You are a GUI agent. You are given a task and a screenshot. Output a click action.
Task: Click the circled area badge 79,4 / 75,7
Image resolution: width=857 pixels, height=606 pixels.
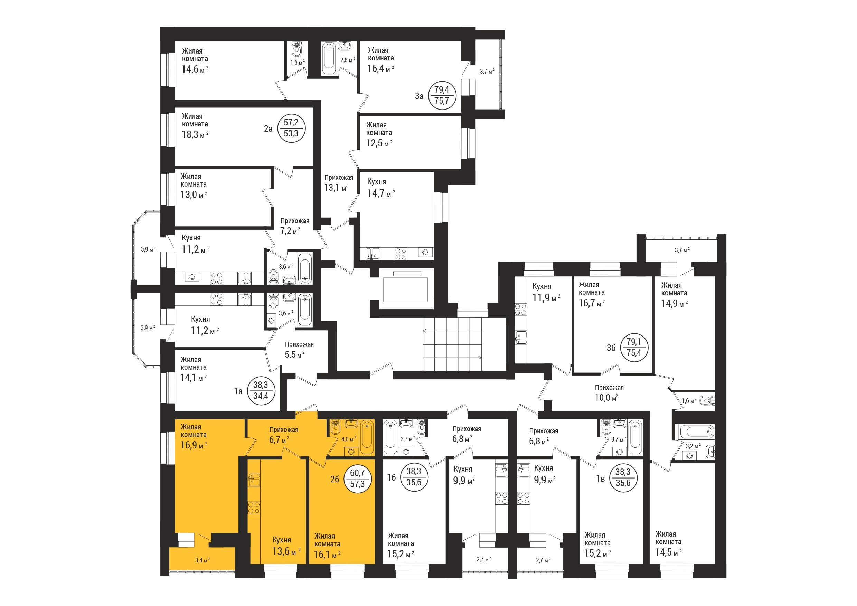(442, 95)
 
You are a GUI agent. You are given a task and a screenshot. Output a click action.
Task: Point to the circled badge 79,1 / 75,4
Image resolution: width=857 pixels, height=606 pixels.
(633, 348)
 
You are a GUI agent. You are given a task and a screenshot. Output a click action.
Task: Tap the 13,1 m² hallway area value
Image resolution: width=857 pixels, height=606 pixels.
(336, 187)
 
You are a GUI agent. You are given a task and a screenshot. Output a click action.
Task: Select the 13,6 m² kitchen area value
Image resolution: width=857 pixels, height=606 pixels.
(286, 551)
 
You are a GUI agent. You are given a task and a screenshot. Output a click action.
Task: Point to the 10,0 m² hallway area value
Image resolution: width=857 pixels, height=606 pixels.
(606, 398)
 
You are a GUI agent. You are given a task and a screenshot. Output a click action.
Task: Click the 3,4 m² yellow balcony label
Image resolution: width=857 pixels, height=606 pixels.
(202, 560)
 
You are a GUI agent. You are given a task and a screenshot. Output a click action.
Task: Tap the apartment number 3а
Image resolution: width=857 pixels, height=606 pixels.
(420, 96)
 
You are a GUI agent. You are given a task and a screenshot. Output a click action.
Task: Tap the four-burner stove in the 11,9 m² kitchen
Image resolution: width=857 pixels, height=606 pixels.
(520, 310)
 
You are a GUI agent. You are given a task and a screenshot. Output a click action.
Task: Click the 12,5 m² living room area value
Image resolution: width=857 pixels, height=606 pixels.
(379, 143)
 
